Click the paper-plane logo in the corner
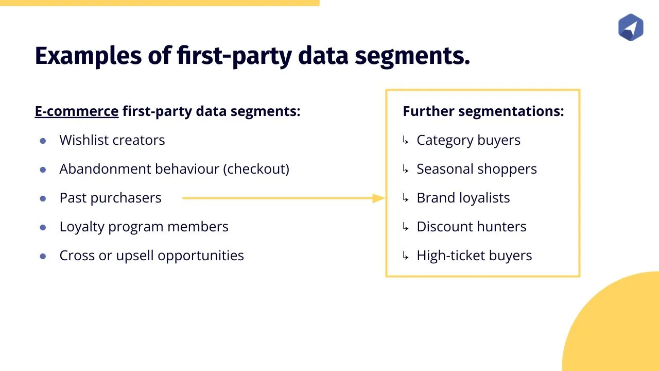click(x=631, y=27)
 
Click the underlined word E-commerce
click(x=77, y=111)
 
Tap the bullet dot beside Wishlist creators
click(x=43, y=141)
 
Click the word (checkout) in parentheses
click(x=256, y=169)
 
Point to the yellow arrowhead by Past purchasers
click(x=378, y=198)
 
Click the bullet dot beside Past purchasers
click(x=43, y=198)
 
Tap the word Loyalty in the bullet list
click(x=82, y=227)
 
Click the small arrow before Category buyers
click(x=405, y=141)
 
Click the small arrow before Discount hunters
click(x=405, y=227)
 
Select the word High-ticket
click(x=450, y=255)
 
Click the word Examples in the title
click(x=88, y=56)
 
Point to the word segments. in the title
click(x=412, y=57)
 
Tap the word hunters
click(x=501, y=226)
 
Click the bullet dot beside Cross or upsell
click(x=43, y=256)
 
